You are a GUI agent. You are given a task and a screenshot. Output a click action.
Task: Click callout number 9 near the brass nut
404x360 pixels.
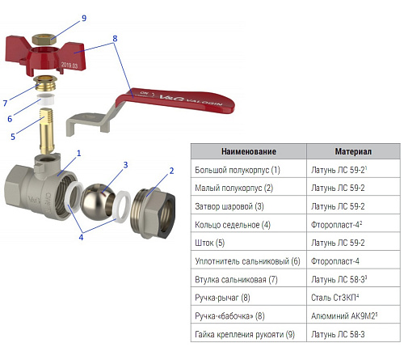(84, 18)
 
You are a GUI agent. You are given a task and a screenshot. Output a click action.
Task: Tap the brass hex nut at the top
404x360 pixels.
(44, 40)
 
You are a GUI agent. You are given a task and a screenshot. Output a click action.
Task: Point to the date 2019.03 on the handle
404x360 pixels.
(69, 65)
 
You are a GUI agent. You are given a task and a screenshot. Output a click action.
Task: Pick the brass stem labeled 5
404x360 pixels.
(46, 130)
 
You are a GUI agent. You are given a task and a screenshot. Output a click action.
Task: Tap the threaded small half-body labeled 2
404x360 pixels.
(153, 213)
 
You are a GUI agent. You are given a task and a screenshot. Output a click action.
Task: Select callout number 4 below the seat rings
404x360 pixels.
(81, 237)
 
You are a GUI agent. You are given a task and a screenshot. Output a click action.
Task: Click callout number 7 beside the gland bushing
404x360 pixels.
(5, 103)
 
